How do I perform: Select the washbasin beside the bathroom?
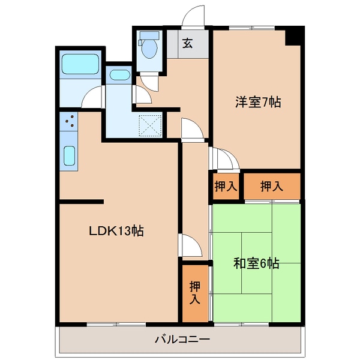(120, 76)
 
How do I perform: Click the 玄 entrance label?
(188, 43)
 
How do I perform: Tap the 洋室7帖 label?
(257, 102)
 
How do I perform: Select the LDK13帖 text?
(116, 230)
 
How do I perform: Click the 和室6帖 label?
(256, 263)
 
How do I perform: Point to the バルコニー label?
(181, 340)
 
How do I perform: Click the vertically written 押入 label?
(194, 292)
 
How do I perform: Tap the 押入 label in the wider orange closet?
(272, 187)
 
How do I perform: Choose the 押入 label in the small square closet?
(226, 187)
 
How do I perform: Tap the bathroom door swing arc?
(93, 97)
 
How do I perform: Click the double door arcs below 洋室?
(223, 159)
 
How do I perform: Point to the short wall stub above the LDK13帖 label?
(82, 202)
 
